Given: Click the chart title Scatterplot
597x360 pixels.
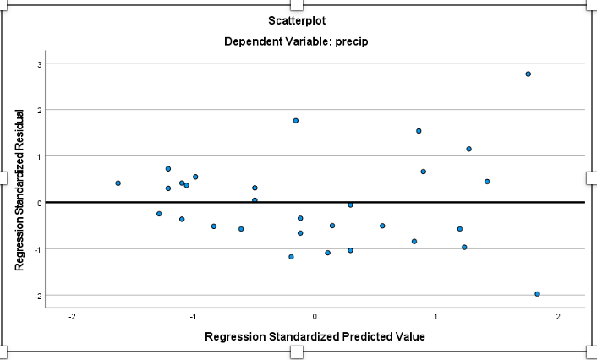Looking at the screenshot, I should click(296, 19).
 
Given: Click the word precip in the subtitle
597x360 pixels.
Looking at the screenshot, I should click(351, 41).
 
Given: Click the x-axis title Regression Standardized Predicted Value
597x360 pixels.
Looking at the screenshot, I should click(315, 336).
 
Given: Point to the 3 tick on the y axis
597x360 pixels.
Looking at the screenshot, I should click(39, 63).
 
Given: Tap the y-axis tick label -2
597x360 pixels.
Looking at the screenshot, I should click(36, 296).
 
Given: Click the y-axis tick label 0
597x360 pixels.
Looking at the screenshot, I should click(39, 203).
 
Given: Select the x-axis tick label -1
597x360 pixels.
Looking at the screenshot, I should click(193, 316).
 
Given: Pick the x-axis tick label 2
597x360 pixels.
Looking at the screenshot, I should click(558, 316).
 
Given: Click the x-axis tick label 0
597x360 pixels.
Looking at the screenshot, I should click(315, 316).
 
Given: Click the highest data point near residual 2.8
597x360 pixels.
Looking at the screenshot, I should click(528, 74).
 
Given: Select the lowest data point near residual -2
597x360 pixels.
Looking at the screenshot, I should click(537, 294).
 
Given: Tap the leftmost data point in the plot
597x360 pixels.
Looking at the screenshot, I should click(118, 183).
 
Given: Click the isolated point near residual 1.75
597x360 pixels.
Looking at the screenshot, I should click(296, 121).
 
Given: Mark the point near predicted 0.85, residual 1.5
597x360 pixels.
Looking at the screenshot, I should click(419, 131).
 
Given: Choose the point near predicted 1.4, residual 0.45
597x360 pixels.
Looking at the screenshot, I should click(487, 182).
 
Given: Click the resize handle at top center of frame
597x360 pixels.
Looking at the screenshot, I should click(297, 4).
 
